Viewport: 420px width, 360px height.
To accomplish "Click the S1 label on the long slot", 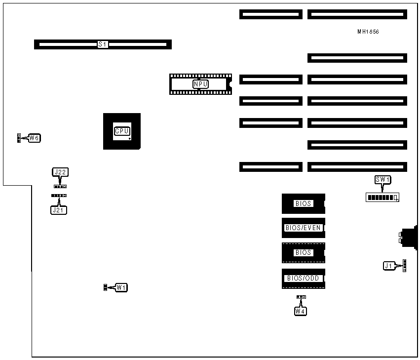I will click(x=103, y=44).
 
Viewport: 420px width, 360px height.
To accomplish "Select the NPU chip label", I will click(x=200, y=84).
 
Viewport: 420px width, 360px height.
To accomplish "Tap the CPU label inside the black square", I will click(x=121, y=131).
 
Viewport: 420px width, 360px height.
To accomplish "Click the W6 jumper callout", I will click(x=34, y=138).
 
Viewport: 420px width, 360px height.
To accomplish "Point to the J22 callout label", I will click(x=61, y=172).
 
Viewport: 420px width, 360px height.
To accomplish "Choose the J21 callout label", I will click(x=59, y=210).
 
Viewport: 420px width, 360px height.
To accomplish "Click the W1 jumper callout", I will click(x=121, y=287).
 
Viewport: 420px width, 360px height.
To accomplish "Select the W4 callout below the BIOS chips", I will click(x=300, y=311).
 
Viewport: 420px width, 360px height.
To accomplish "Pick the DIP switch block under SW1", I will click(x=382, y=198).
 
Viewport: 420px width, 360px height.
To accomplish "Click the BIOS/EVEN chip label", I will click(x=303, y=228).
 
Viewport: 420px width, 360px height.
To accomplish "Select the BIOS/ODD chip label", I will click(x=303, y=279).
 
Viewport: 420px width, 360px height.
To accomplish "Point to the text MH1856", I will click(x=368, y=32).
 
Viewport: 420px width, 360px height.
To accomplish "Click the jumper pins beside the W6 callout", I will click(x=19, y=138).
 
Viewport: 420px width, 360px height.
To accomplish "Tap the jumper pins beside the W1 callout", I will click(x=105, y=287).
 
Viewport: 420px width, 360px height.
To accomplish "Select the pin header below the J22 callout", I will click(x=60, y=187).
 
